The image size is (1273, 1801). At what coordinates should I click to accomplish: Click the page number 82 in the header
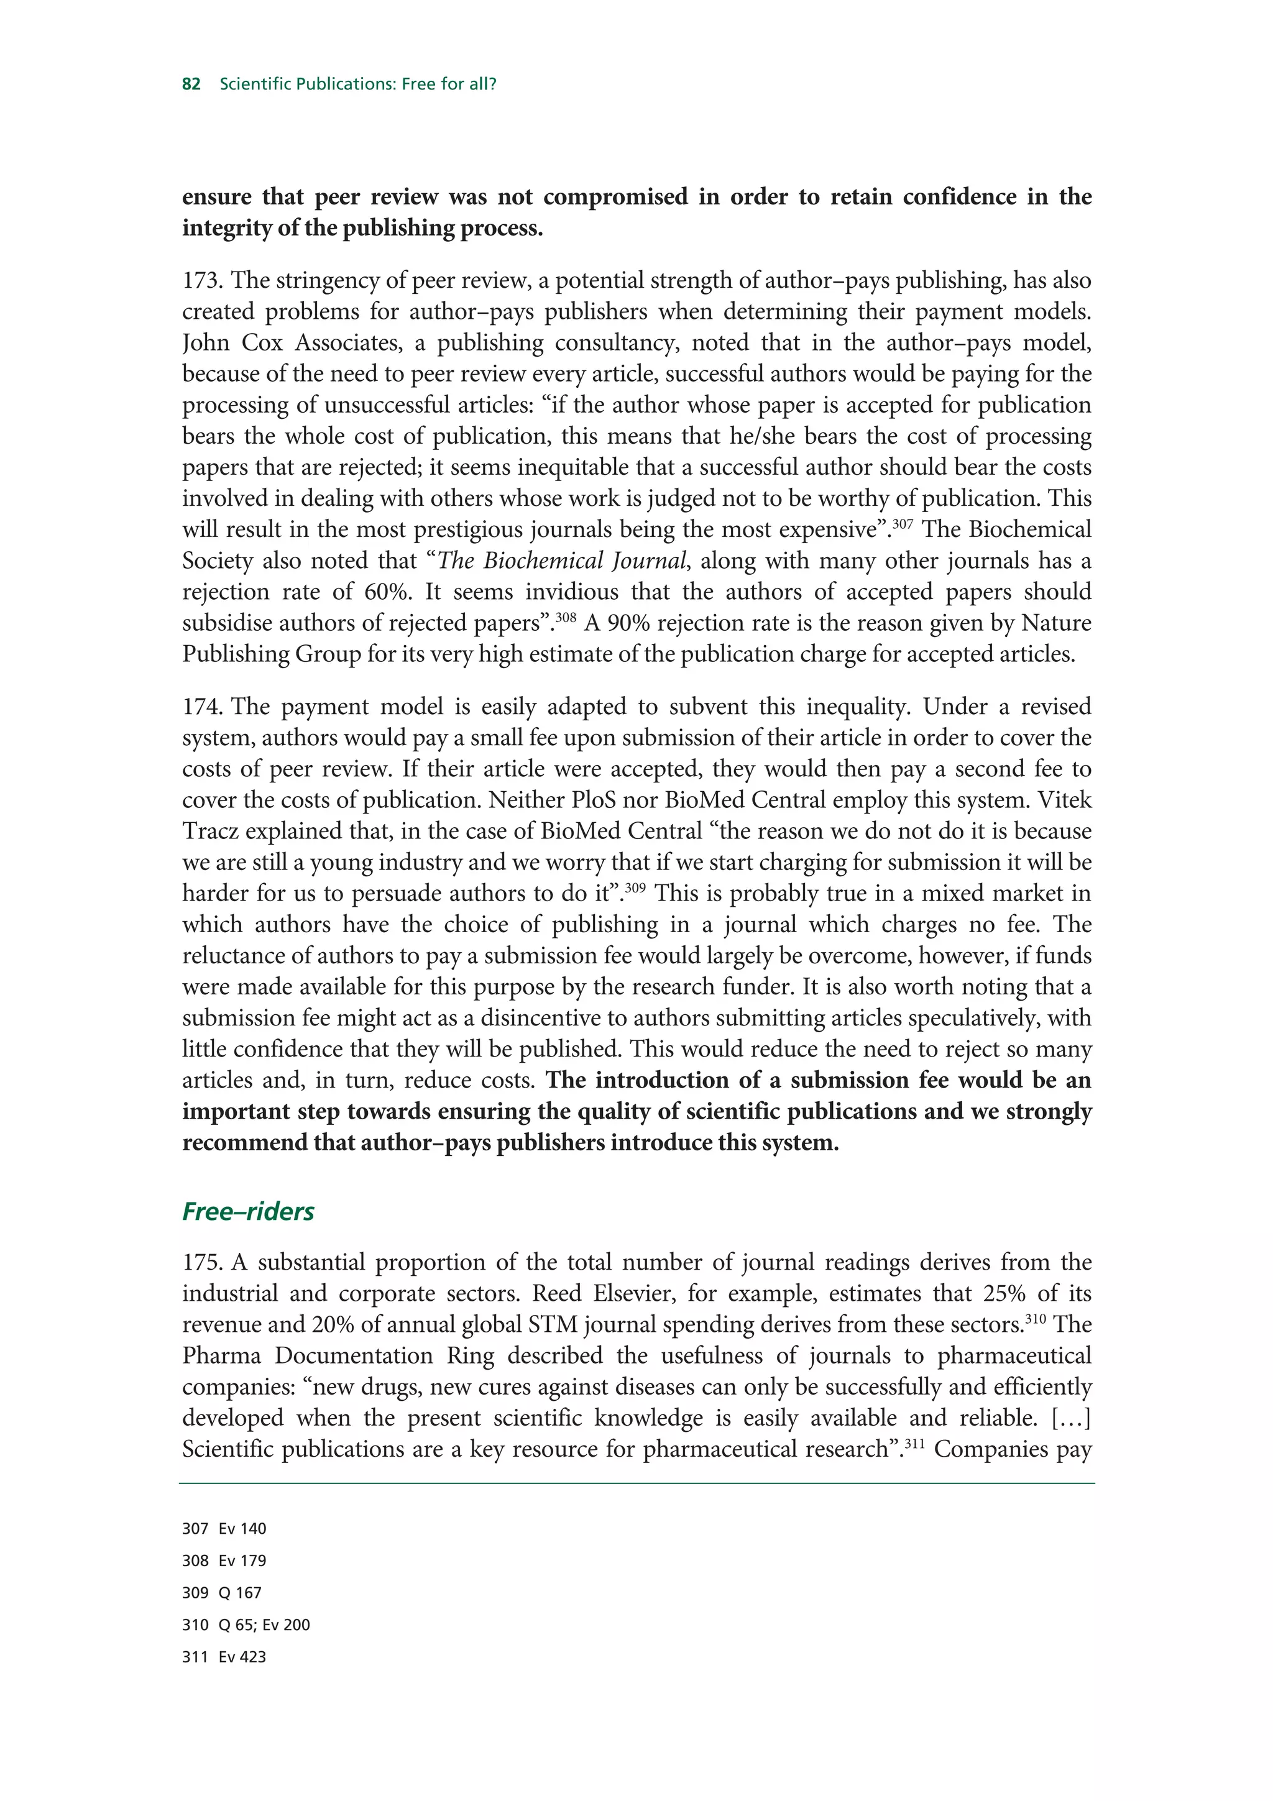click(x=191, y=84)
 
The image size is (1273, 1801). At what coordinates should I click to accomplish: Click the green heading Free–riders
click(x=248, y=1211)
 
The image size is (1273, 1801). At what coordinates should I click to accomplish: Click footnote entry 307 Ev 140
click(x=224, y=1529)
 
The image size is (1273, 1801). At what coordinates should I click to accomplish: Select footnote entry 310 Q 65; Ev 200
click(x=246, y=1625)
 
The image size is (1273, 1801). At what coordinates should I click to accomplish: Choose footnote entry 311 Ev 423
click(x=224, y=1657)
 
